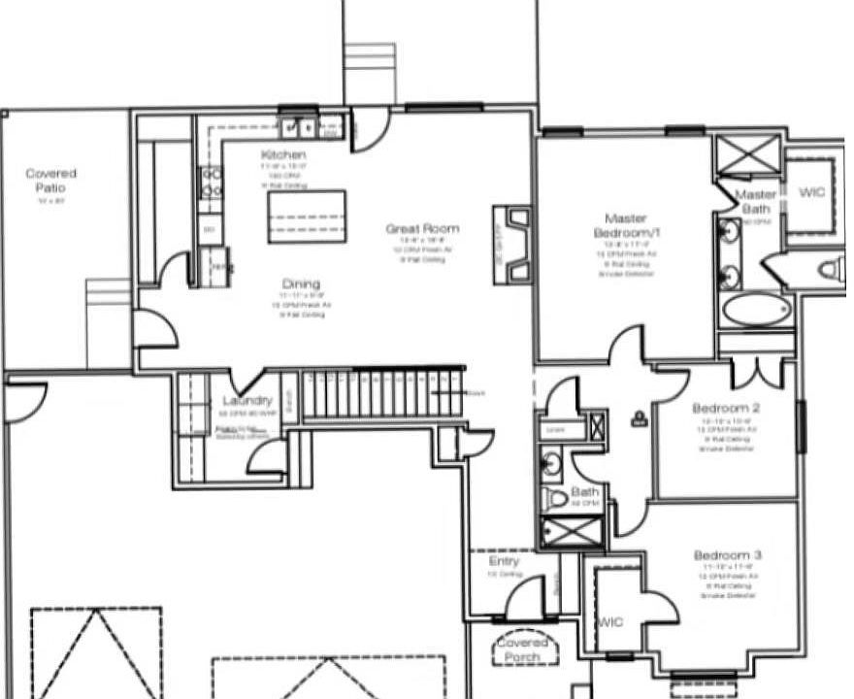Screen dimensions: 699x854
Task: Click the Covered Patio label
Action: (x=51, y=180)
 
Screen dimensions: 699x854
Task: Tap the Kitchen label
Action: (x=283, y=155)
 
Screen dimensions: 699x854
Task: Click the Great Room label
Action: (x=422, y=229)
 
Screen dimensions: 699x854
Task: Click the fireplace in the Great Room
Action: (x=511, y=245)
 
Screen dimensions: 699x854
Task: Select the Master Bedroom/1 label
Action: (x=625, y=226)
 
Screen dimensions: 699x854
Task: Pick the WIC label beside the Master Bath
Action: (x=811, y=193)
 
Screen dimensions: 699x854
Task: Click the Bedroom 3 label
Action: (x=727, y=554)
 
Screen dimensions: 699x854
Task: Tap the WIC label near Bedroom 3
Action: (x=610, y=620)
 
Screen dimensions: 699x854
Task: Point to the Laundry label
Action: (x=247, y=401)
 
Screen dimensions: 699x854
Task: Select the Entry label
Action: (x=504, y=561)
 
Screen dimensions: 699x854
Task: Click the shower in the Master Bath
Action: (x=747, y=154)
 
